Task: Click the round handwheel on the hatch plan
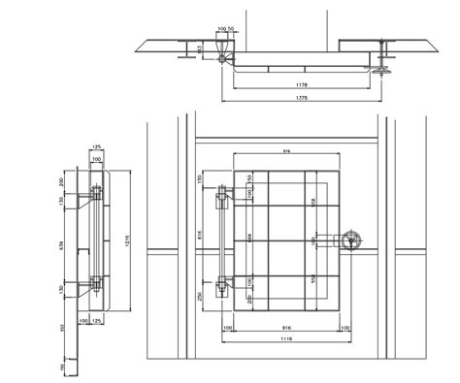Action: [x=350, y=242]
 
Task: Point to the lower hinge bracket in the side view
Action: [x=95, y=283]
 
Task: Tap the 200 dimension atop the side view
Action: [x=62, y=181]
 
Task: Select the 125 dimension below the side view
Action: [x=102, y=318]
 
